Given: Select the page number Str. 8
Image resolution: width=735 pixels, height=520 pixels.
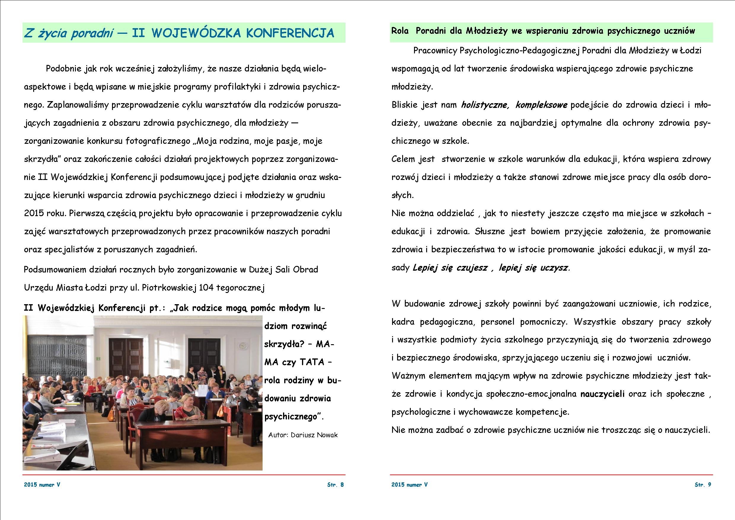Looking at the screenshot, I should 335,484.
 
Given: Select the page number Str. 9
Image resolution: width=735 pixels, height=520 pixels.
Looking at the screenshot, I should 703,484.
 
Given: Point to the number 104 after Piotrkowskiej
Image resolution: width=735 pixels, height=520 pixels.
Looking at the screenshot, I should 207,288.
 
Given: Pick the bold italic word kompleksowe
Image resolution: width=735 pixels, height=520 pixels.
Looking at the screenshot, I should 541,105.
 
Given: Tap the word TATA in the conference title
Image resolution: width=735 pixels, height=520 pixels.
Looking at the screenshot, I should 312,362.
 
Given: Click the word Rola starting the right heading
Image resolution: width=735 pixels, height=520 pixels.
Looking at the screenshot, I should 400,31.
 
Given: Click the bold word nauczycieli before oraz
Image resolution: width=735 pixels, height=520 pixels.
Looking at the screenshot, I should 602,394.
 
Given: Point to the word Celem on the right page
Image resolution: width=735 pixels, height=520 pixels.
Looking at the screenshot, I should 403,159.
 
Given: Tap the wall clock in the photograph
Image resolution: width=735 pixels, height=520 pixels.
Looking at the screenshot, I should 243,346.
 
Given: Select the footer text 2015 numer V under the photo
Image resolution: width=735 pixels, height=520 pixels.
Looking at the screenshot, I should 42,484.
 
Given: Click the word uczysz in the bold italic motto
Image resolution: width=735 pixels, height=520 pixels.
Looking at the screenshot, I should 554,268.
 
